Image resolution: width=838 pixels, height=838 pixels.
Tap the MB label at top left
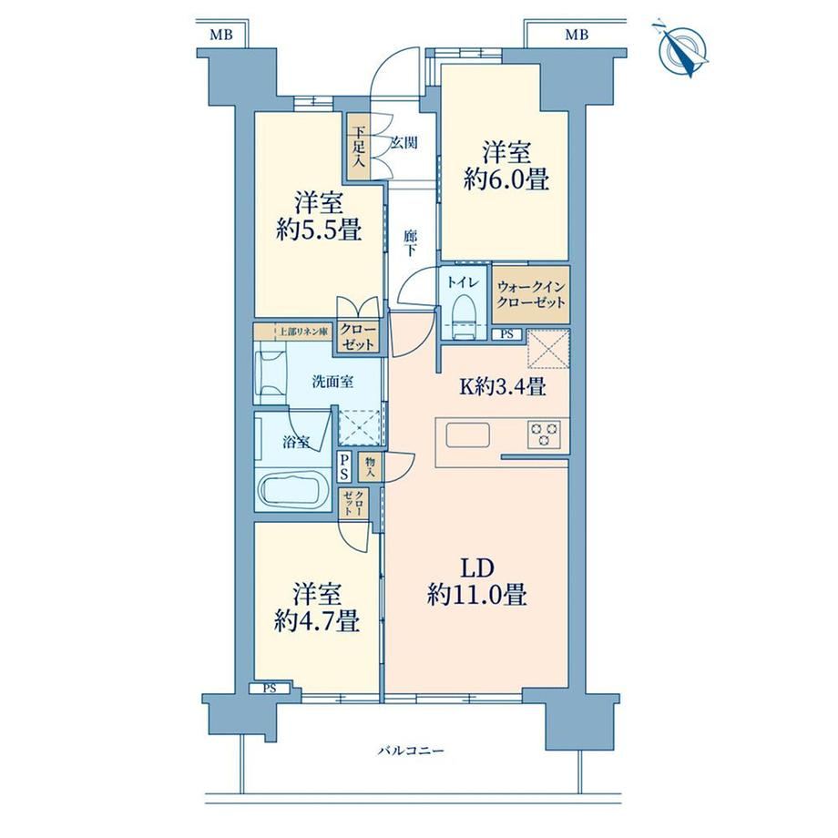click(220, 35)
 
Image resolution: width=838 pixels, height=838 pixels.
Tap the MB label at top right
click(577, 35)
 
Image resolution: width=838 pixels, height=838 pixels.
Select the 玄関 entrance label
click(404, 143)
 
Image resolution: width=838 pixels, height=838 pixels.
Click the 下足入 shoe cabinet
click(358, 146)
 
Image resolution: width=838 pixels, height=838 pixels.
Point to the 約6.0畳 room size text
click(506, 179)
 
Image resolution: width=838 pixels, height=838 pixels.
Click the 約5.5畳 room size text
click(319, 230)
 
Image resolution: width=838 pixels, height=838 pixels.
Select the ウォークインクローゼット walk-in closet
click(531, 294)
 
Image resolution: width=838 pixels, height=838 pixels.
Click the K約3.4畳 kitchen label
click(503, 386)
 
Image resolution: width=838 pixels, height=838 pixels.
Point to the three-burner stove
click(544, 433)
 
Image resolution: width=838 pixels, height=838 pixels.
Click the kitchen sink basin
click(468, 434)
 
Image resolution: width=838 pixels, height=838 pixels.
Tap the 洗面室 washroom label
click(332, 383)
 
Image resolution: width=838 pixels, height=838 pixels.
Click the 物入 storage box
click(371, 467)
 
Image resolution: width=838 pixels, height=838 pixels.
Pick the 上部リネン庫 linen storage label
click(301, 332)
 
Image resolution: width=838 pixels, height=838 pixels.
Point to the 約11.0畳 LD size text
click(477, 594)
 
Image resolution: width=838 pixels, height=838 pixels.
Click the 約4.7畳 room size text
click(316, 621)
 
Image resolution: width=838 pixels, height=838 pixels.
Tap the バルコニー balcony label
click(411, 751)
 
